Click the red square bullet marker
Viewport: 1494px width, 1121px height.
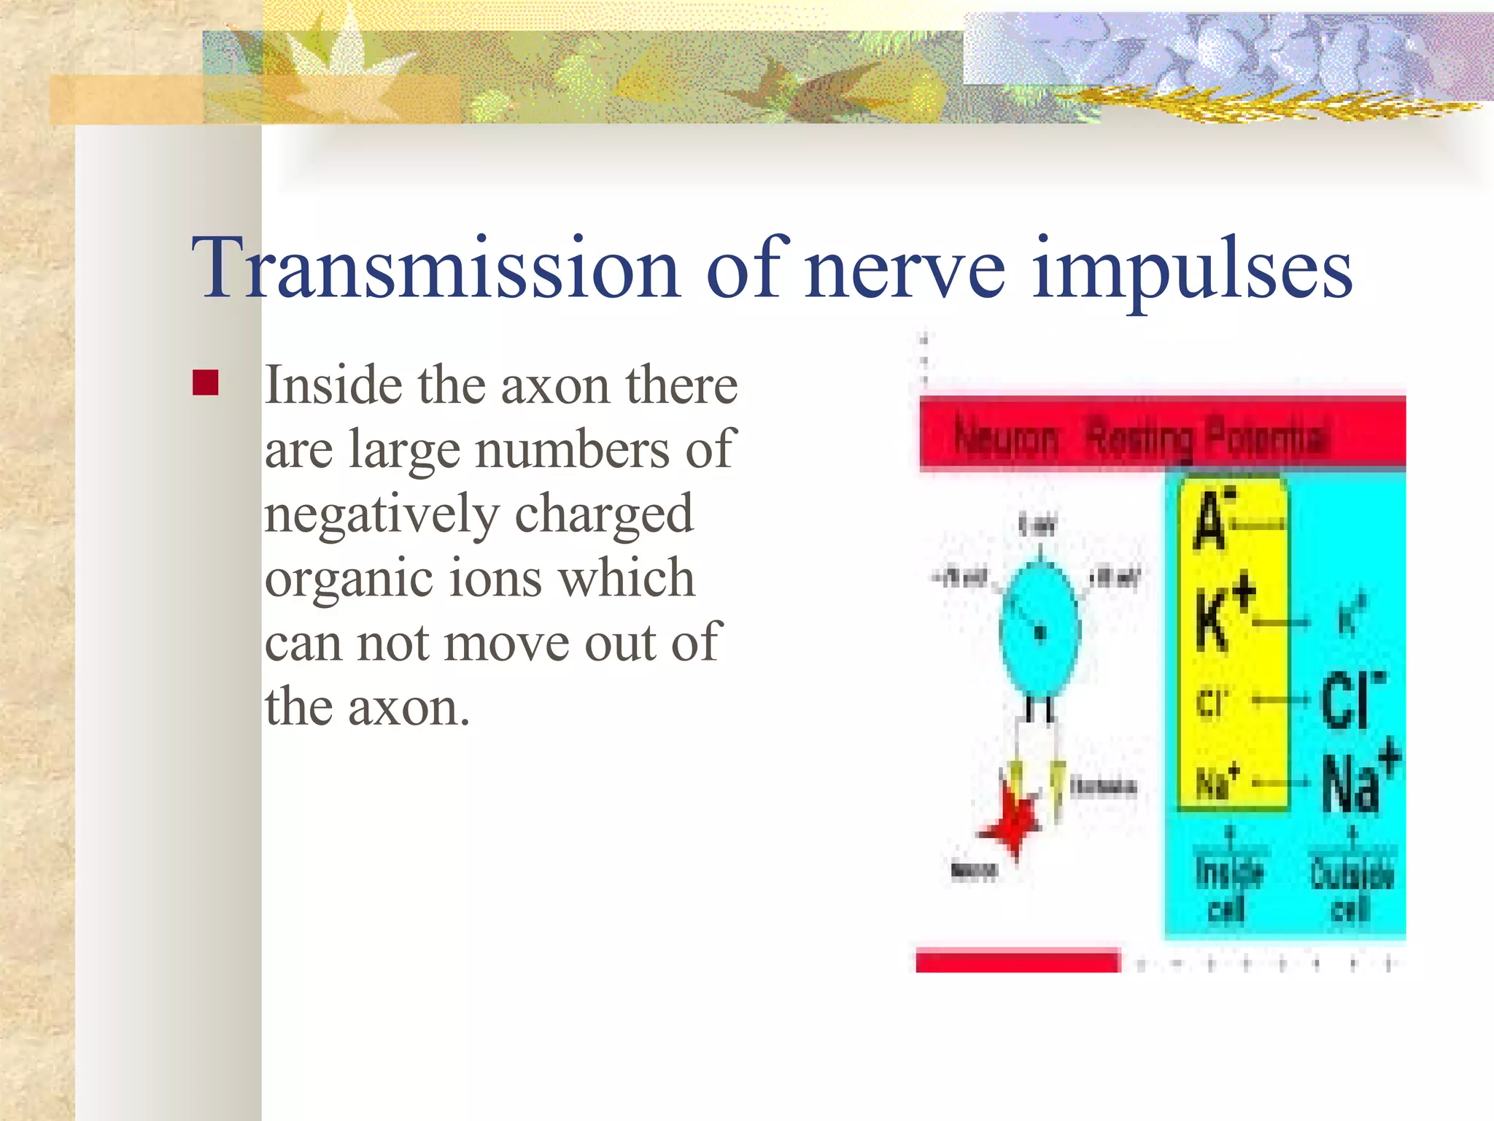point(206,382)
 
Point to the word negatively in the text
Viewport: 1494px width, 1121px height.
point(380,515)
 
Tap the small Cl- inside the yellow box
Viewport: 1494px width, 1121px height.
point(1212,703)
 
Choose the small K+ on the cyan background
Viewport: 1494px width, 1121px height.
point(1351,617)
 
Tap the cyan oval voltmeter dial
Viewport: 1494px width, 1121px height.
point(1040,631)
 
